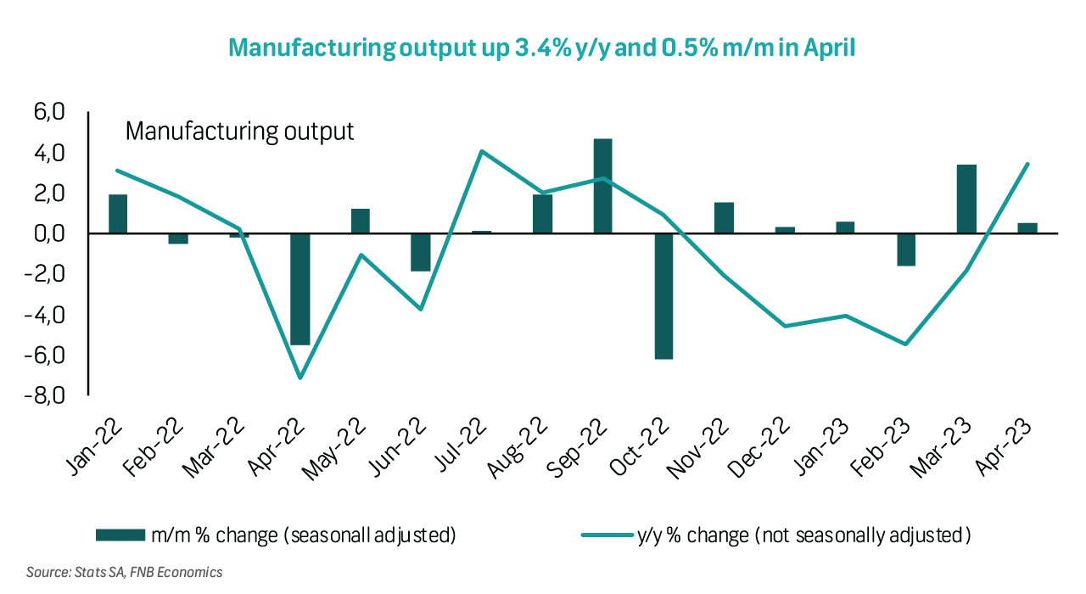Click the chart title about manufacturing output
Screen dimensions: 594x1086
coord(542,48)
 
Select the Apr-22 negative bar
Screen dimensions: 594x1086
coord(299,289)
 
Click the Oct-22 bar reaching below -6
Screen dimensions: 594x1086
coord(663,295)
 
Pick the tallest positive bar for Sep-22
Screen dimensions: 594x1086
coord(602,186)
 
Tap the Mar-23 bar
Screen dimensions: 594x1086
coord(966,199)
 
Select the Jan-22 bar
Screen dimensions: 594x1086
coord(118,214)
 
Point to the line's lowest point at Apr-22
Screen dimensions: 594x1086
coord(299,378)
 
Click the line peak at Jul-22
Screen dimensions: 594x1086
coord(482,152)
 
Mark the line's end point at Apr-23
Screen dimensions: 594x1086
coord(1027,164)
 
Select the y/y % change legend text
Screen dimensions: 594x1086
coord(803,535)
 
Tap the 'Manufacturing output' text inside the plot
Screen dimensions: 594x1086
coord(239,132)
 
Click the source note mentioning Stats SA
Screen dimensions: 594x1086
coord(124,572)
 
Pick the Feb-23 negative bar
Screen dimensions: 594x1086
coord(906,249)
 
